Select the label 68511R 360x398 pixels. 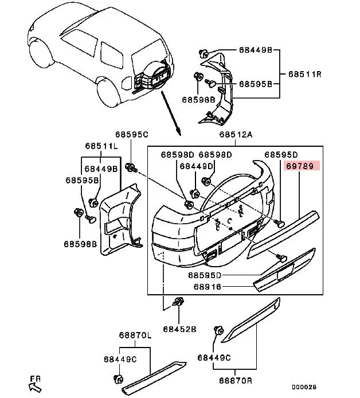(x=305, y=74)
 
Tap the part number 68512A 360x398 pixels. (x=236, y=134)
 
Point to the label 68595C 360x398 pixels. (x=131, y=134)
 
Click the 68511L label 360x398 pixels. (x=101, y=146)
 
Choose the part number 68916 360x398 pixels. (x=208, y=287)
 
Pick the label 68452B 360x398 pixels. (x=179, y=329)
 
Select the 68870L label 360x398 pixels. (x=135, y=335)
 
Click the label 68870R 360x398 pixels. (x=236, y=380)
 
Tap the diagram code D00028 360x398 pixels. (x=304, y=387)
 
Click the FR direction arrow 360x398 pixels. (x=36, y=387)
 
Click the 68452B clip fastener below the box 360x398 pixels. (x=178, y=302)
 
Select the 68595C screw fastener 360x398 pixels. (x=131, y=167)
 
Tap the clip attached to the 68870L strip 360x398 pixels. (x=118, y=379)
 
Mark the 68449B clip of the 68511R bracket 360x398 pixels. (x=203, y=54)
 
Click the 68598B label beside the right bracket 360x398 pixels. (x=198, y=100)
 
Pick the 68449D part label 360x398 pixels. (x=196, y=166)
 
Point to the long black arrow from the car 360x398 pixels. (x=171, y=113)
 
